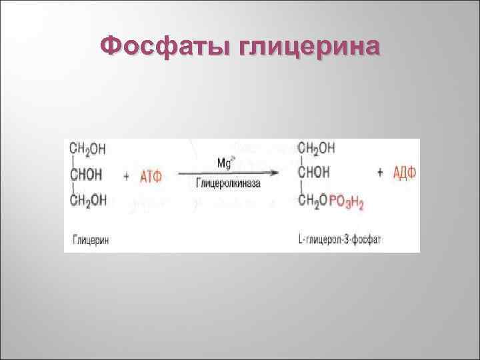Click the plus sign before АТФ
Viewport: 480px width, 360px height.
[x=127, y=175]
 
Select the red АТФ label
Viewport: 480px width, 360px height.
[x=152, y=175]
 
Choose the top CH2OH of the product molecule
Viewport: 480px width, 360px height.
[x=316, y=147]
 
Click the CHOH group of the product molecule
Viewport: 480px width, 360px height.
[x=314, y=173]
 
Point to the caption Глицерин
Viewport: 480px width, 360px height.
[x=89, y=239]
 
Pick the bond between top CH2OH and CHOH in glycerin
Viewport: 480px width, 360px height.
[x=71, y=160]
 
